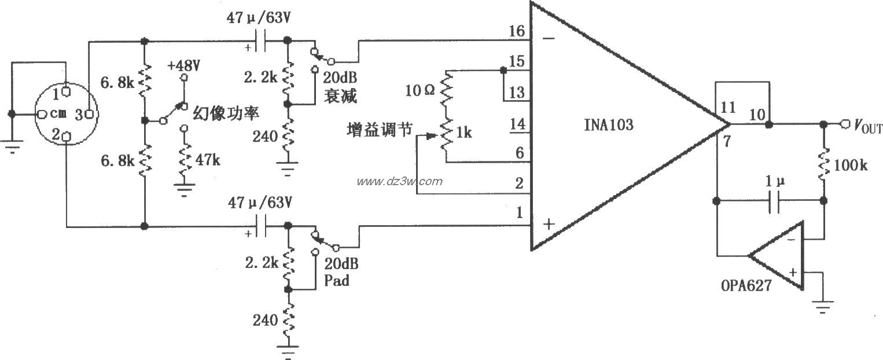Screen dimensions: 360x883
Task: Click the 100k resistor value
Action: point(852,166)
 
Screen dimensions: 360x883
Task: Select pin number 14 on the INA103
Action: point(516,123)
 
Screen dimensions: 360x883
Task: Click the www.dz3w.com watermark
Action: point(399,181)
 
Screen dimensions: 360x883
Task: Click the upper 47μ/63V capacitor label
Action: point(260,18)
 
